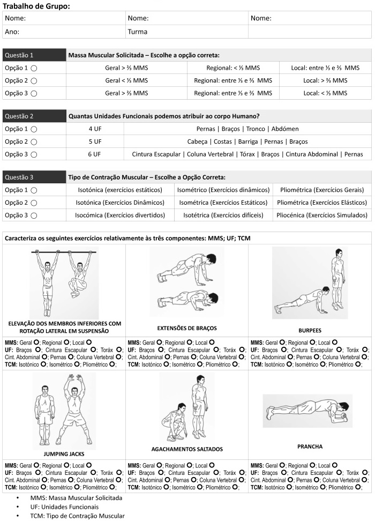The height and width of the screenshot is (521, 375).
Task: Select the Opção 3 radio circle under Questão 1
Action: [x=34, y=94]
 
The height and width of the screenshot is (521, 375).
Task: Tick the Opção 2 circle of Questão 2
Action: [x=34, y=142]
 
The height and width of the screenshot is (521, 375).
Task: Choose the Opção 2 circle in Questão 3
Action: [x=34, y=203]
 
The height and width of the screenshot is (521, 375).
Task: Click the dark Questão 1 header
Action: [x=34, y=55]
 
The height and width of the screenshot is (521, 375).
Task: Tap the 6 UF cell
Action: [x=95, y=154]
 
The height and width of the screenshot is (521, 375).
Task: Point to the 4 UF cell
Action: [x=95, y=129]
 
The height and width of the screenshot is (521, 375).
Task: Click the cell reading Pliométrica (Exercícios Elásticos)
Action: [x=322, y=203]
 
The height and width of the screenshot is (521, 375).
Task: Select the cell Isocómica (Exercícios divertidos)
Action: [x=120, y=215]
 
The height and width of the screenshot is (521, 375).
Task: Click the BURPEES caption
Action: [x=310, y=331]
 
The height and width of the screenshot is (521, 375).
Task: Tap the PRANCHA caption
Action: [x=310, y=446]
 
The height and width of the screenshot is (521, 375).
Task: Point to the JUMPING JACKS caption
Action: [x=64, y=454]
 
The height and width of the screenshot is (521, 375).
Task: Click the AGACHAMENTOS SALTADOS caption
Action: [x=187, y=449]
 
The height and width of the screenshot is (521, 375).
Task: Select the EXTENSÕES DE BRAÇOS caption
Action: [x=187, y=328]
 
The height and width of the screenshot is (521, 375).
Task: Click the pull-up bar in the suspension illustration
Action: [x=64, y=252]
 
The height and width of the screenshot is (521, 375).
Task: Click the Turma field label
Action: [x=138, y=32]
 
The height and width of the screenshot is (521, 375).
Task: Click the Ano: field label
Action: [x=12, y=32]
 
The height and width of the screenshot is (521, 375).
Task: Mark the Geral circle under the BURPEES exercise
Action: [x=282, y=342]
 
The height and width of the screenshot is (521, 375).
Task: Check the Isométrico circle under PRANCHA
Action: [x=323, y=487]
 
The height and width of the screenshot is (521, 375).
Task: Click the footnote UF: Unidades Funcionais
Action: [x=64, y=507]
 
